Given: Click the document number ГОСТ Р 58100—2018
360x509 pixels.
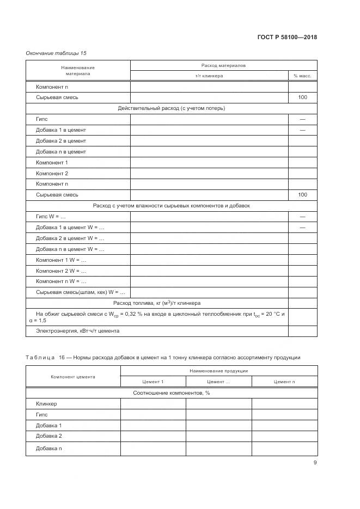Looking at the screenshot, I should click(x=286, y=37).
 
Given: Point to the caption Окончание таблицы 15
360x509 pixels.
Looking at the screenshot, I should click(x=56, y=53).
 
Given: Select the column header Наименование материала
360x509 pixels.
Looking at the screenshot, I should click(x=78, y=70).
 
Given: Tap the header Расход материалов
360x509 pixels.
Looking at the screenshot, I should click(x=223, y=65).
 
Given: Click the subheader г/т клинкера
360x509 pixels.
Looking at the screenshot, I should click(x=209, y=76).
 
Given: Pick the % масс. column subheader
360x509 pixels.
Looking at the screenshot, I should click(x=302, y=76).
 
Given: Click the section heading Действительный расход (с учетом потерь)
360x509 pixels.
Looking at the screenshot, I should click(x=172, y=108).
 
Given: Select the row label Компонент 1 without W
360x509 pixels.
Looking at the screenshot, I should click(x=52, y=162).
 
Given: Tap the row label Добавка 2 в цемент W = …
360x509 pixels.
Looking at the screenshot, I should click(x=70, y=238).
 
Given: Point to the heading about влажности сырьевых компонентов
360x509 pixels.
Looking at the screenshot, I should click(x=172, y=206).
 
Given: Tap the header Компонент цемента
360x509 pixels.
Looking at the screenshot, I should click(x=73, y=376).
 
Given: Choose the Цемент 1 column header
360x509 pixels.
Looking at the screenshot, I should click(x=152, y=382).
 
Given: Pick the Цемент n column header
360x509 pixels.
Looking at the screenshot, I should click(x=284, y=382).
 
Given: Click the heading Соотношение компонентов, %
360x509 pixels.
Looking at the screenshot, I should click(x=172, y=393).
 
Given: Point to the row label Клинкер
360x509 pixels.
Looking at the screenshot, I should click(x=46, y=404).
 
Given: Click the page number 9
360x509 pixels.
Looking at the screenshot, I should click(x=315, y=463).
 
